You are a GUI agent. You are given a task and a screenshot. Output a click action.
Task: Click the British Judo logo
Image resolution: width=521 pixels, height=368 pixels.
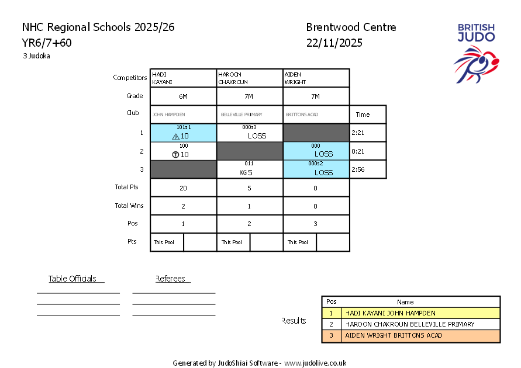476,53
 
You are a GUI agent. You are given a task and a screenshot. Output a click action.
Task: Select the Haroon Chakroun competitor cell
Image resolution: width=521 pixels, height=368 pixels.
250,78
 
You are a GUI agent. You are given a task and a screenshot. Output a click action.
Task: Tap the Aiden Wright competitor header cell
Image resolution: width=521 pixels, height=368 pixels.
316,78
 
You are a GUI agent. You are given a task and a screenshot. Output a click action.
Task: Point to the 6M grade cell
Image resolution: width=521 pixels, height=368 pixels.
183,96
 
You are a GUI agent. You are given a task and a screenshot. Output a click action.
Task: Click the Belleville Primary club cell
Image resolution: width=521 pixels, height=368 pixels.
250,115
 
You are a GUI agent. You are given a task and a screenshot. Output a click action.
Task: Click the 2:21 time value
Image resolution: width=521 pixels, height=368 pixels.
358,133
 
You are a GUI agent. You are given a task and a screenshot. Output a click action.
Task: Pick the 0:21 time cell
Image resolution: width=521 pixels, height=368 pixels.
358,151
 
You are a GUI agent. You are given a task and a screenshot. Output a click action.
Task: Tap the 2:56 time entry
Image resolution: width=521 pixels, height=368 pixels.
358,169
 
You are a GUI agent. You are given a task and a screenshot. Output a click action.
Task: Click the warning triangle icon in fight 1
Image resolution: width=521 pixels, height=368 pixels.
175,137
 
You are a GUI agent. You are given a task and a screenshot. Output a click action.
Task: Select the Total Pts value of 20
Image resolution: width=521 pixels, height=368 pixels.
183,188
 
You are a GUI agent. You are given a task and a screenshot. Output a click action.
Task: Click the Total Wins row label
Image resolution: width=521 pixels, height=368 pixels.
129,206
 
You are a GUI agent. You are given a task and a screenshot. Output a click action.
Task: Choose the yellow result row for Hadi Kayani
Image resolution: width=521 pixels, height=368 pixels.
411,313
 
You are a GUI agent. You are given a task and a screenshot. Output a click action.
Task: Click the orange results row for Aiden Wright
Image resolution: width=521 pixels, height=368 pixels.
411,336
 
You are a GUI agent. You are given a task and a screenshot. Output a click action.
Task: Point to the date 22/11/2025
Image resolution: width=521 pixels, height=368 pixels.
334,43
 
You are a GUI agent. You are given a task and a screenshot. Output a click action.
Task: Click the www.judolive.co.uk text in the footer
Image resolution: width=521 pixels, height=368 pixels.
315,363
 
